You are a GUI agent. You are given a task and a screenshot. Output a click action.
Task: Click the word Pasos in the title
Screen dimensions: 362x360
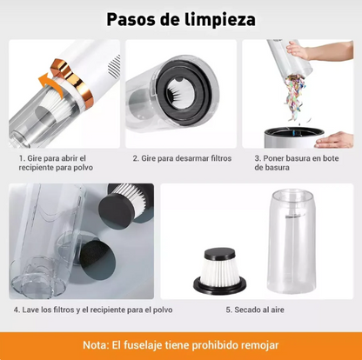pyautogui.click(x=131, y=20)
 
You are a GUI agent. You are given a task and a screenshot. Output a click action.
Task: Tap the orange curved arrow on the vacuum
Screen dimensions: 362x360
pyautogui.click(x=50, y=84)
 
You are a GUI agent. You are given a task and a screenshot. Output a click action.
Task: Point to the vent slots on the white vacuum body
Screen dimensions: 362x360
pyautogui.click(x=114, y=65)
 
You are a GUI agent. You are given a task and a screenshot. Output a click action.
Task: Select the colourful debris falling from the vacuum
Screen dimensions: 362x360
pyautogui.click(x=295, y=95)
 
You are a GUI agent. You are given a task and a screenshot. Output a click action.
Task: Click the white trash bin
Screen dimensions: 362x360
pyautogui.click(x=293, y=137)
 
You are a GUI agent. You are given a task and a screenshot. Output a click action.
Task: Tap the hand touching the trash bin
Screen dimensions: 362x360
pyautogui.click(x=334, y=140)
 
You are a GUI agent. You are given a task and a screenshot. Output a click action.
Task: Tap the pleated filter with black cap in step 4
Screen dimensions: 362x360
pyautogui.click(x=125, y=203)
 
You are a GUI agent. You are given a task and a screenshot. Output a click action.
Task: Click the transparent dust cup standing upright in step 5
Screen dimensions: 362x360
pyautogui.click(x=292, y=241)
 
